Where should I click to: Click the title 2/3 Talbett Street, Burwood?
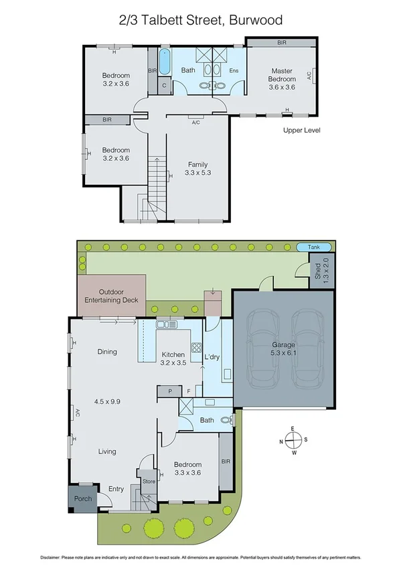pyautogui.click(x=200, y=20)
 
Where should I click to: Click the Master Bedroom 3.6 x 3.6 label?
pyautogui.click(x=282, y=78)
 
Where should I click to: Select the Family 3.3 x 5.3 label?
pyautogui.click(x=197, y=169)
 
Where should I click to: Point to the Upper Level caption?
pyautogui.click(x=302, y=131)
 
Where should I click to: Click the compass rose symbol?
pyautogui.click(x=293, y=441)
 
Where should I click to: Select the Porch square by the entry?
pyautogui.click(x=82, y=498)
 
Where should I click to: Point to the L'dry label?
pyautogui.click(x=212, y=356)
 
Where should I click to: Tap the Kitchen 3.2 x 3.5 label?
pyautogui.click(x=174, y=358)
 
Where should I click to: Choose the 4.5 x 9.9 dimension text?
pyautogui.click(x=107, y=401)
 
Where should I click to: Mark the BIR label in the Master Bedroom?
pyautogui.click(x=282, y=43)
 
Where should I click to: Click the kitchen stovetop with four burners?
pyautogui.click(x=197, y=348)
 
